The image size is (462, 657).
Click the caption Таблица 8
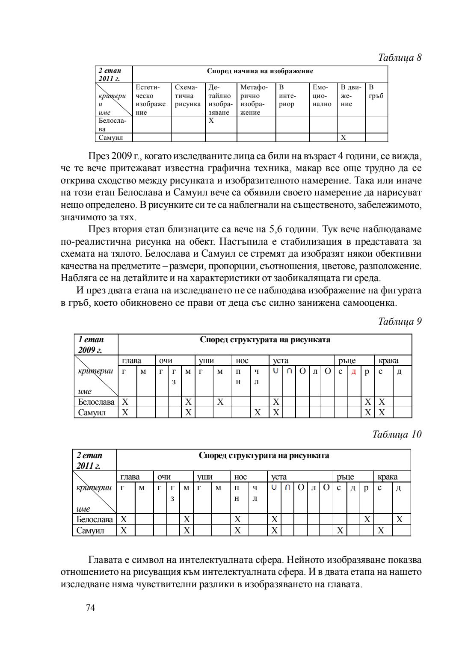[400, 58]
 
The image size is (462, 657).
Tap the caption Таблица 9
[400, 321]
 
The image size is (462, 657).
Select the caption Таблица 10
[397, 434]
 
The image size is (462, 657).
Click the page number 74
[90, 608]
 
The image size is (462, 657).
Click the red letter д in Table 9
[353, 372]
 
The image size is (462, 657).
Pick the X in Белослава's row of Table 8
[211, 121]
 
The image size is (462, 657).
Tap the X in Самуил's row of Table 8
[343, 138]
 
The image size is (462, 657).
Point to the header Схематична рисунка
[187, 96]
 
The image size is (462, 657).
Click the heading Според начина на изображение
[260, 71]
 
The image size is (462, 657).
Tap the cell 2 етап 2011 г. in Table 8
[110, 74]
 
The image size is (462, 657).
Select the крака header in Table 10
[387, 476]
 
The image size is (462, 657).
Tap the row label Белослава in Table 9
[96, 402]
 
